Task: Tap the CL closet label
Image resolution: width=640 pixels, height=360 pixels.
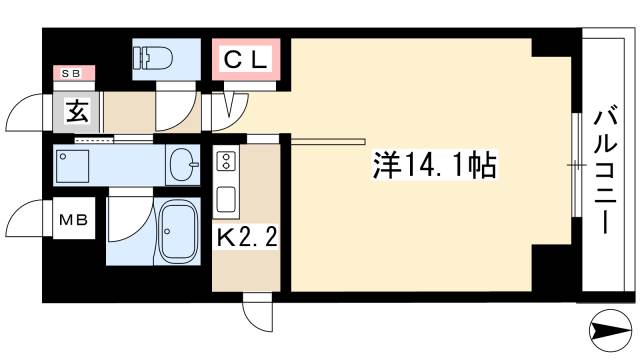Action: click(245, 61)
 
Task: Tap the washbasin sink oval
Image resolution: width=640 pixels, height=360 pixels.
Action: click(183, 162)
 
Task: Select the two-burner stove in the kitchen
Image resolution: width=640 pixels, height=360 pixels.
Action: click(225, 160)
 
